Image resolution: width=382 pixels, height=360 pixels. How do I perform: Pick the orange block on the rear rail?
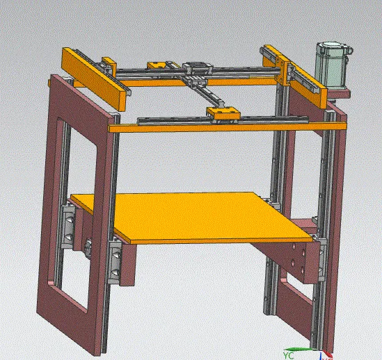[158, 66]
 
